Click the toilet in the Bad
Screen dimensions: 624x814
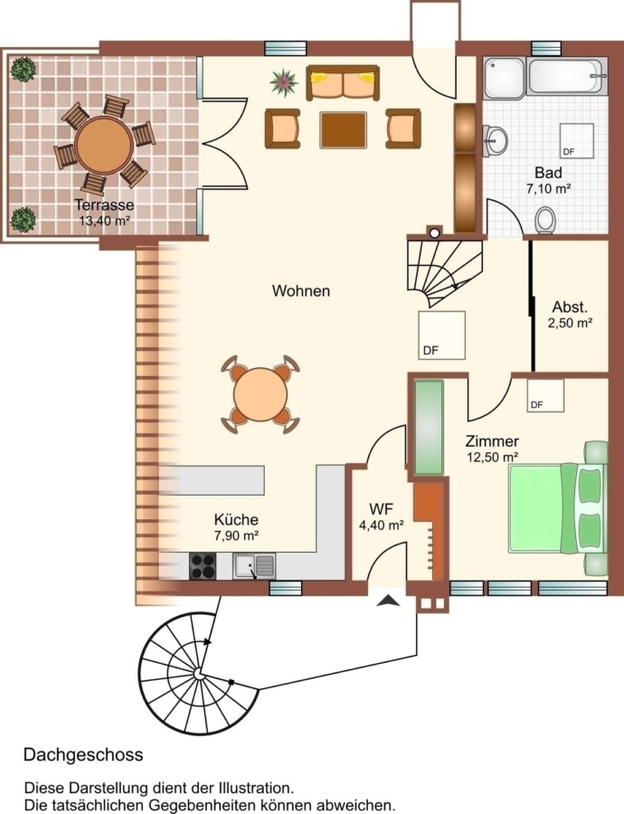click(545, 220)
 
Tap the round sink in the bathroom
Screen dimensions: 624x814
click(496, 139)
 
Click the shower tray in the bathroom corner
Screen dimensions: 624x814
click(505, 78)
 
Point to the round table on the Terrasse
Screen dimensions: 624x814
click(104, 145)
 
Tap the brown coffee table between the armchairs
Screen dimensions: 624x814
click(343, 129)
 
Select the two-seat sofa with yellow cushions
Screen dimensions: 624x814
click(343, 82)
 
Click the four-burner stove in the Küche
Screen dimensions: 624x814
click(203, 566)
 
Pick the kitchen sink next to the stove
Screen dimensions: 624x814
click(254, 566)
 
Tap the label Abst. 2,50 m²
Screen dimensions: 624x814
click(570, 314)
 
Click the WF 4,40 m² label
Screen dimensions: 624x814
click(382, 516)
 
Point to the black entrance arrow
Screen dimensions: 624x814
click(388, 601)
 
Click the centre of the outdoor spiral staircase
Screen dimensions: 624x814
click(198, 674)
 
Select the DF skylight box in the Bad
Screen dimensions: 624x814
click(576, 140)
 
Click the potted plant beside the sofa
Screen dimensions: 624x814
click(283, 82)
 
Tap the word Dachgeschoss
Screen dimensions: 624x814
click(83, 754)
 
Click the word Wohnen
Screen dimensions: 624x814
click(301, 290)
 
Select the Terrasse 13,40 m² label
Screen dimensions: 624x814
click(104, 213)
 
